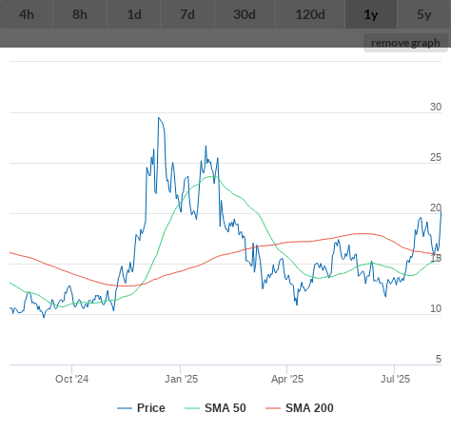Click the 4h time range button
(x=27, y=14)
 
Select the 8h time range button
(x=80, y=14)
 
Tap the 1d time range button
(x=134, y=14)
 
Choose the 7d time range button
(x=187, y=14)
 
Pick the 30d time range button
(x=245, y=14)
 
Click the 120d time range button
(x=310, y=14)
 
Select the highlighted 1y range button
(x=371, y=14)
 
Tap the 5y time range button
(x=424, y=14)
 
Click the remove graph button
(x=405, y=43)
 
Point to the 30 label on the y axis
(x=436, y=107)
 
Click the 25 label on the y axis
(x=436, y=157)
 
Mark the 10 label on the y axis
(x=436, y=308)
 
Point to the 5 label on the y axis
(x=439, y=359)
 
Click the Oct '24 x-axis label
(x=72, y=379)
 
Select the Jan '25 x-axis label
(x=181, y=379)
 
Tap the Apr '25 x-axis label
(x=287, y=379)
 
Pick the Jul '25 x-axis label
(x=395, y=379)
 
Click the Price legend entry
(x=141, y=408)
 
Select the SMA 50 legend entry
(x=215, y=408)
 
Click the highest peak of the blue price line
(x=159, y=118)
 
